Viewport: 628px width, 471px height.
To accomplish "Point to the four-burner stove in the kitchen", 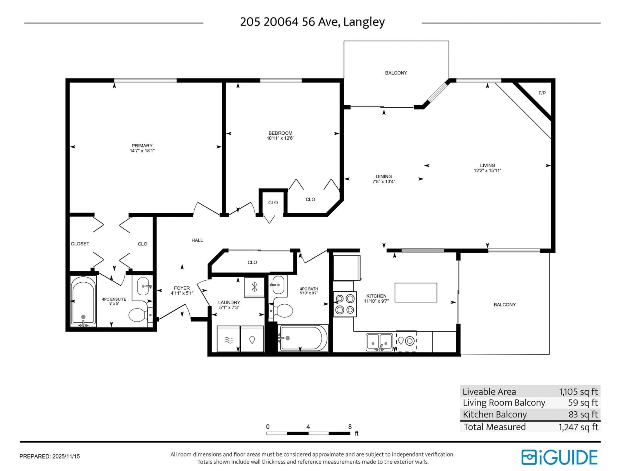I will (345, 304).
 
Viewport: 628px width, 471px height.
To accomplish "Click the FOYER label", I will (182, 288).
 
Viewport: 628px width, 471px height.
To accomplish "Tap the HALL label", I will (197, 240).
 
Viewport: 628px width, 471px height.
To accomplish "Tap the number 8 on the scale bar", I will (350, 427).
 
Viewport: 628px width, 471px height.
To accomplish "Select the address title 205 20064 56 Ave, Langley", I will (312, 22).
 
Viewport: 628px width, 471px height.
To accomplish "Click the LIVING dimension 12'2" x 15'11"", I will (488, 171).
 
